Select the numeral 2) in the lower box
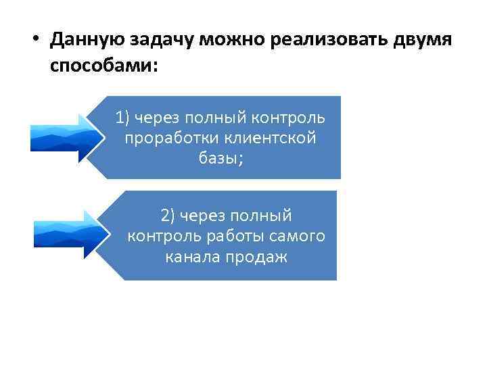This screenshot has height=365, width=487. [x=168, y=216]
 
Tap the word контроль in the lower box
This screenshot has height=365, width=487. [x=158, y=236]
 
